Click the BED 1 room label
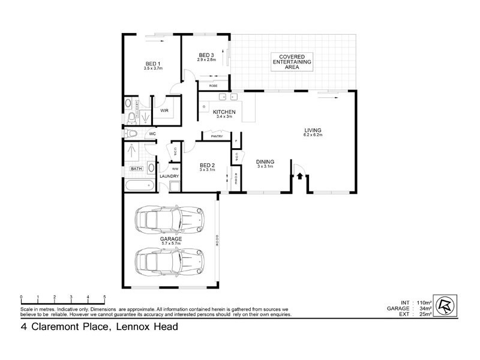153,64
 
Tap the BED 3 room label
207,56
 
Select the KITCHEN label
224,112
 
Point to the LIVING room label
313,130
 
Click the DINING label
265,161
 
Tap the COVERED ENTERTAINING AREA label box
293,62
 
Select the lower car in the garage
169,260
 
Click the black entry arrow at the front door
299,176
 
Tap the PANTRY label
217,137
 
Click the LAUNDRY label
169,176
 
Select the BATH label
136,169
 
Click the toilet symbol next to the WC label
132,133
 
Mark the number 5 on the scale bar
104,298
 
